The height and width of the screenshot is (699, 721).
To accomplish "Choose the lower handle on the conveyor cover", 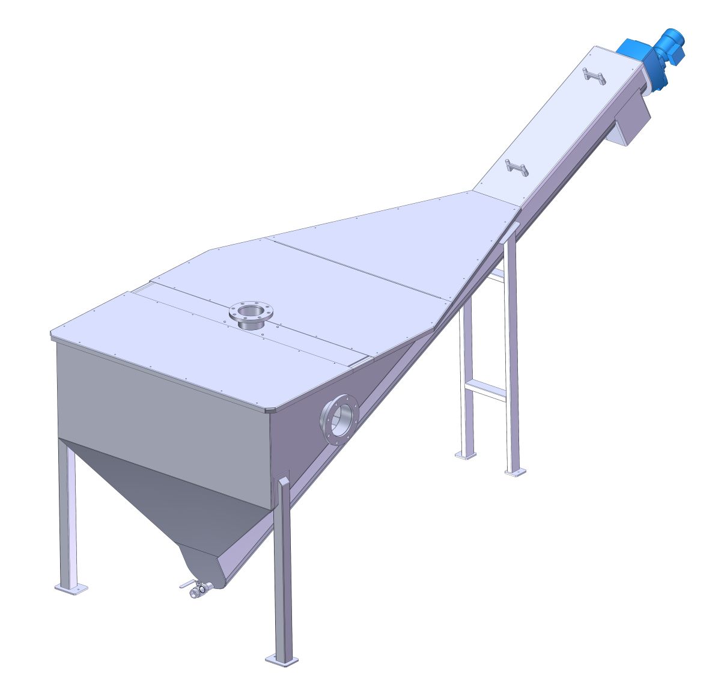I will pos(517,168).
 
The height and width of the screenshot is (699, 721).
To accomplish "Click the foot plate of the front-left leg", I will pos(71,587).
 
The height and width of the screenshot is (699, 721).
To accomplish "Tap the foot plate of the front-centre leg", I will pos(282,660).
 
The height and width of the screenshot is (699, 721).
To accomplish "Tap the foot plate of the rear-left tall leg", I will pos(465,455).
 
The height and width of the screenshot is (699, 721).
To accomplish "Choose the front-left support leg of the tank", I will pos(67,511).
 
